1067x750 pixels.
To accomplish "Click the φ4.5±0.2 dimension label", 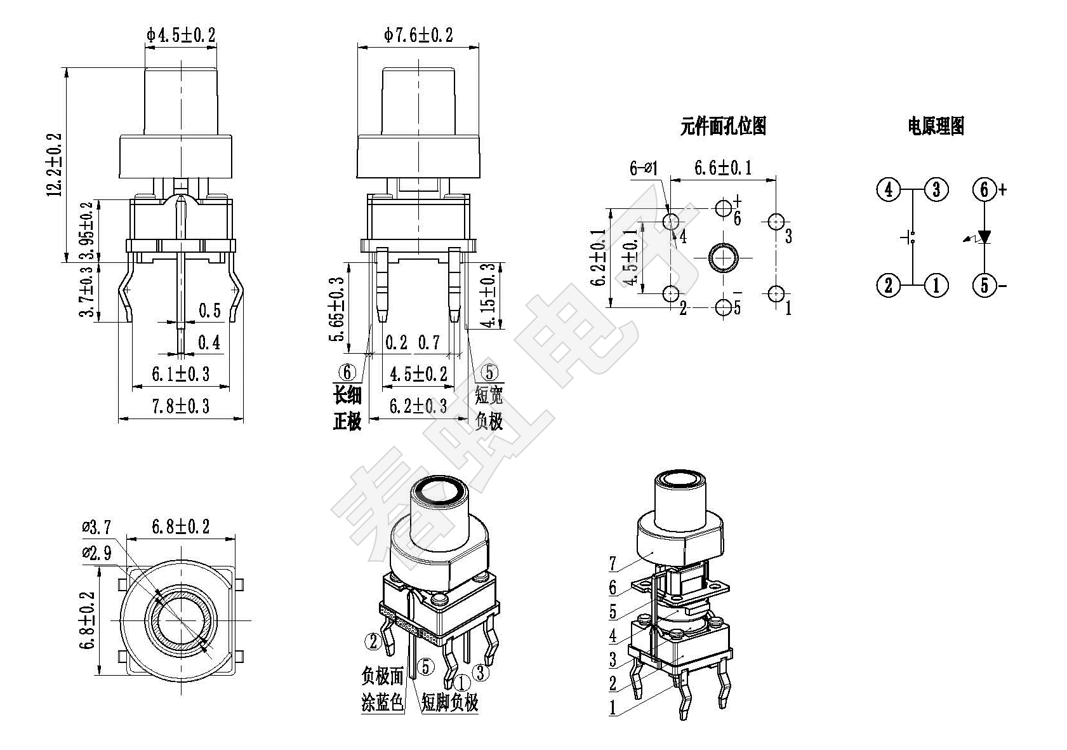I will (x=181, y=35).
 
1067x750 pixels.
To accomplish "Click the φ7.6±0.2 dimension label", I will (x=418, y=35).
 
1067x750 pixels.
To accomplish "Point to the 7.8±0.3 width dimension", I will (x=180, y=406).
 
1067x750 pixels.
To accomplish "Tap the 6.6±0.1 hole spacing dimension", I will (x=723, y=168).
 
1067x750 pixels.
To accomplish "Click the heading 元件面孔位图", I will (x=723, y=126).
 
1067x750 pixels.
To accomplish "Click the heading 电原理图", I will (x=936, y=126).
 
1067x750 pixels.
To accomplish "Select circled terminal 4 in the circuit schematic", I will (x=889, y=189).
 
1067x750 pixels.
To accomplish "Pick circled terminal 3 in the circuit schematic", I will (x=936, y=189).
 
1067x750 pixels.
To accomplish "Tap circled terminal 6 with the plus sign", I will (x=984, y=189).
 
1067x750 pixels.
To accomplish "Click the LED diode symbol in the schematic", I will (x=984, y=237).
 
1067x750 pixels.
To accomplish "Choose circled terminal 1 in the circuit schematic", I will (x=936, y=285).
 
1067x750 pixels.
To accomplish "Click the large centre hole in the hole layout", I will (x=723, y=258).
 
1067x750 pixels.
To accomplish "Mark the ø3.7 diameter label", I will (x=96, y=526).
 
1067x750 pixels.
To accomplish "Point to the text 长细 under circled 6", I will (x=347, y=396).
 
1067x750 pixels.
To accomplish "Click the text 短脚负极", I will (x=449, y=702).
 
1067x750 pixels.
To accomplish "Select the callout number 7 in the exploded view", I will (x=613, y=563).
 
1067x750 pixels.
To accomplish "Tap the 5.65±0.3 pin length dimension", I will (x=337, y=309).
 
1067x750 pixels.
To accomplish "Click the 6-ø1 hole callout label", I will (x=644, y=168).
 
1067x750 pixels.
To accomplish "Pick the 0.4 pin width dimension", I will (x=209, y=343).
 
